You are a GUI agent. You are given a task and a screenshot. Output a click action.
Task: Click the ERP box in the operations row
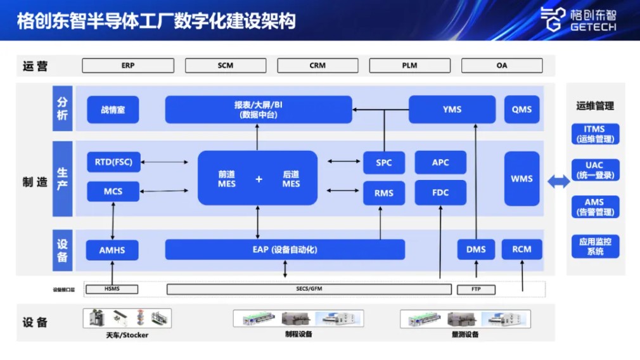[128, 65]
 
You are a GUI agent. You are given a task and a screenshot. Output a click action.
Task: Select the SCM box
[226, 65]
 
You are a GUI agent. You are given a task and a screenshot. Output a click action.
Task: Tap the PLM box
[409, 65]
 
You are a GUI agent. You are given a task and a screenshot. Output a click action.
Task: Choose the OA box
[502, 65]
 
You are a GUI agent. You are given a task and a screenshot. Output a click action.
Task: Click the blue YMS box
[452, 110]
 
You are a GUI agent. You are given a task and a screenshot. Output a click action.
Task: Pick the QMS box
[522, 110]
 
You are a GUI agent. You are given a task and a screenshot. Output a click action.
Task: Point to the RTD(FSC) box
[113, 162]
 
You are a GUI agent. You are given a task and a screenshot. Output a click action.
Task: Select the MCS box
[113, 191]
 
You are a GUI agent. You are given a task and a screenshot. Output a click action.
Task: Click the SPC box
[384, 163]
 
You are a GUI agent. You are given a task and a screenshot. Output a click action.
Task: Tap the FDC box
[440, 193]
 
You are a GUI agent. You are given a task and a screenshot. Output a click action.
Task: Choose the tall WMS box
[522, 179]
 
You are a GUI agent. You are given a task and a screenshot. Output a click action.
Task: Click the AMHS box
[112, 250]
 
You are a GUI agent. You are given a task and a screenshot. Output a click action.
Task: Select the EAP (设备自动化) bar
[285, 250]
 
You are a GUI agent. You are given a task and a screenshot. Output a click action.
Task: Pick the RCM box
[522, 250]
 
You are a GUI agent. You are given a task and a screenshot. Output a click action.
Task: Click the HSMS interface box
[112, 289]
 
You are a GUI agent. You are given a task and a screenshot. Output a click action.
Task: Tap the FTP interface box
[476, 290]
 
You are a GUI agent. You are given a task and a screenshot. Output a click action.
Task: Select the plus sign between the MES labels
[259, 179]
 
